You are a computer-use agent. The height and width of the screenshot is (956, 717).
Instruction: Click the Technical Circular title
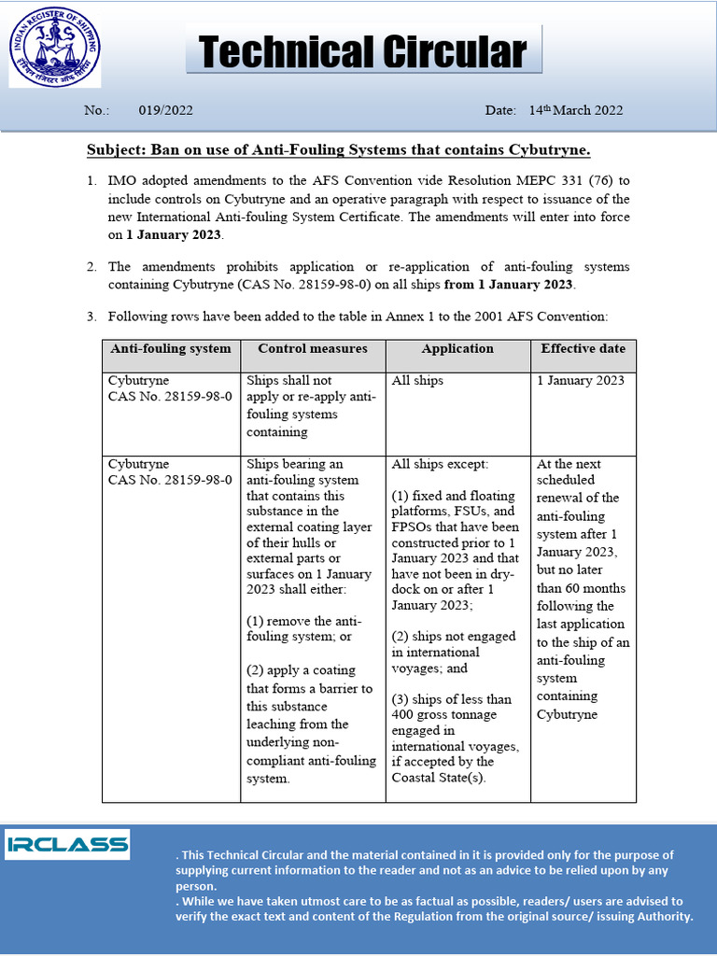[363, 52]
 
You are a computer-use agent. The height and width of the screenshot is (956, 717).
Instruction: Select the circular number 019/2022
[165, 110]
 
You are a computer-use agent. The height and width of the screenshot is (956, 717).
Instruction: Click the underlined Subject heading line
[339, 150]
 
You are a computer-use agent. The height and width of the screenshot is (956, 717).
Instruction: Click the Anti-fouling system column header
[171, 349]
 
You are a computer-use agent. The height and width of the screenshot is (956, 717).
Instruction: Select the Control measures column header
[313, 349]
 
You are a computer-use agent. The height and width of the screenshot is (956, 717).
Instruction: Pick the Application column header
[457, 349]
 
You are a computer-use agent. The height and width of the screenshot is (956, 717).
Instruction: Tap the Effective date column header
[583, 349]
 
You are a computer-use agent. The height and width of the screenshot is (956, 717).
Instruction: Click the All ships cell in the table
[418, 381]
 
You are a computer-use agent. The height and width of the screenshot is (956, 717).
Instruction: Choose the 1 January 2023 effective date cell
[581, 381]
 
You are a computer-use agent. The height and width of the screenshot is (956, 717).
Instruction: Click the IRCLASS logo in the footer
[67, 844]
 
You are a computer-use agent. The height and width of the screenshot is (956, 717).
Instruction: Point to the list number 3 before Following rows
[91, 317]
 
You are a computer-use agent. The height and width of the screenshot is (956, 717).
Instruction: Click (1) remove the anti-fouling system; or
[303, 628]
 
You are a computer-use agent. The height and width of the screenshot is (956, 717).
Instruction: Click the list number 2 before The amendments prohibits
[91, 267]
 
